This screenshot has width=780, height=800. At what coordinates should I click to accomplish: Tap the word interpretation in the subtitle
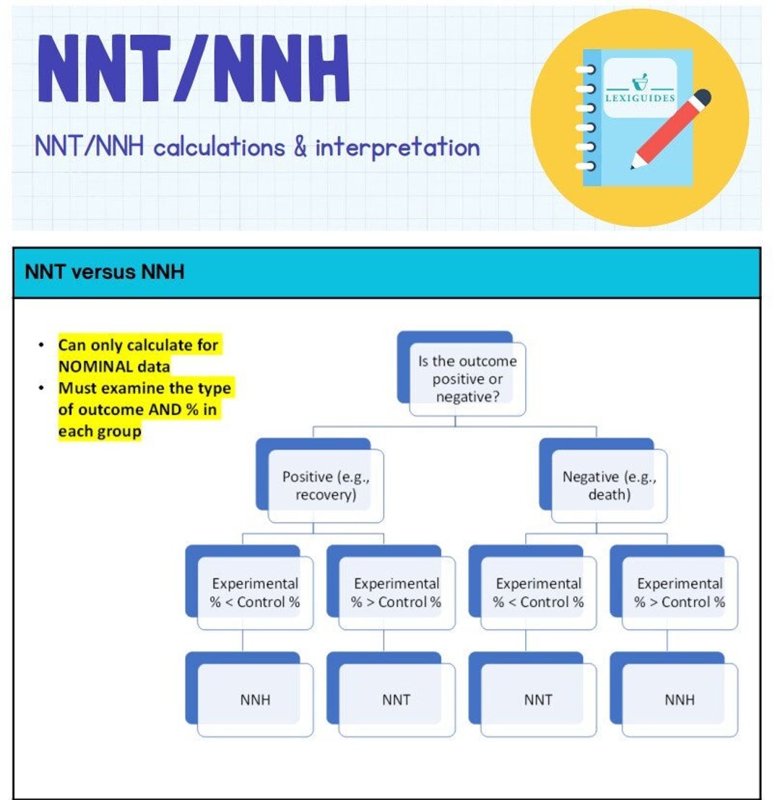(397, 147)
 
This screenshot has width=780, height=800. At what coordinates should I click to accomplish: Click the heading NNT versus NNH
(104, 272)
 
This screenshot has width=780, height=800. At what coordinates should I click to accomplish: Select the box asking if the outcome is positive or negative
(467, 379)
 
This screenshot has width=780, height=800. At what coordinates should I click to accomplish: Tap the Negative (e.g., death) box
(610, 486)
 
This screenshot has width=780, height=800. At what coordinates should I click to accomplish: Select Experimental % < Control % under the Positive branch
(255, 593)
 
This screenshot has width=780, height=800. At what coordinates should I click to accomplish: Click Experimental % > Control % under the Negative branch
(680, 593)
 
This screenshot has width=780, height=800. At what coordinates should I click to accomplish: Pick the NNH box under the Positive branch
(255, 699)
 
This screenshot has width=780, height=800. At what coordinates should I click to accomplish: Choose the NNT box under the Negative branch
(538, 699)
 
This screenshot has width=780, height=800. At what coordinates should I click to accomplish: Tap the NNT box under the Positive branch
(396, 699)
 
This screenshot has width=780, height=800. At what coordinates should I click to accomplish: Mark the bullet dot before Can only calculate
(40, 345)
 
